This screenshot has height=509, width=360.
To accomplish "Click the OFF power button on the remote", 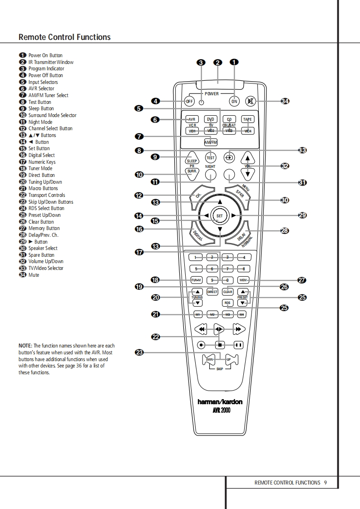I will point(189,101).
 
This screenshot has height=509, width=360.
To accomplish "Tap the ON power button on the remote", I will point(234,101).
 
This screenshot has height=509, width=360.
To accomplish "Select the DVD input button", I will point(210,119).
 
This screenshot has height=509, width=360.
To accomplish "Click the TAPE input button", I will point(247,119).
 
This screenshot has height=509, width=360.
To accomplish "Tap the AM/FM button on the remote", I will point(211,142).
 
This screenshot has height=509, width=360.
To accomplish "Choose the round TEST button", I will point(210,158).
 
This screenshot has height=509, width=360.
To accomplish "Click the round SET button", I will point(220,216).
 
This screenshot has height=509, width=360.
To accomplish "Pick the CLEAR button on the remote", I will point(227,292).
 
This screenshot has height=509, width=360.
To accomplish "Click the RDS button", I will point(227,303).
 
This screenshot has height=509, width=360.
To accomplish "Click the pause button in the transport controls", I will point(238,345).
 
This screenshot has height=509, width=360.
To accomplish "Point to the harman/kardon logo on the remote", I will point(220,401).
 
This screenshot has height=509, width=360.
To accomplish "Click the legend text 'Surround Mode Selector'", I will point(52,115).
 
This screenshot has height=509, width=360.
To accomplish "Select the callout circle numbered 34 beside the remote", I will point(285,101).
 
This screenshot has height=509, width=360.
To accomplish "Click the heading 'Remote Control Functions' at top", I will point(64,37).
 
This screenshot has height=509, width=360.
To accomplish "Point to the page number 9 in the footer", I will point(325,483).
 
